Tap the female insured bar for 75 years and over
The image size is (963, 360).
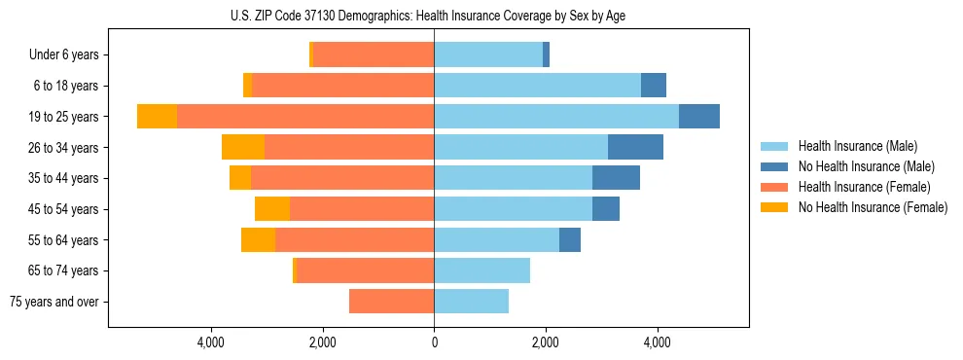click(391, 302)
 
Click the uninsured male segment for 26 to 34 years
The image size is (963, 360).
click(635, 147)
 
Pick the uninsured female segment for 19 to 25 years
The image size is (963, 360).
click(157, 116)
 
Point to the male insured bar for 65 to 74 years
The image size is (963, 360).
click(481, 270)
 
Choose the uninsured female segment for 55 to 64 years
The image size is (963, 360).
click(258, 239)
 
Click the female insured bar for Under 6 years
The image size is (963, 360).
click(374, 54)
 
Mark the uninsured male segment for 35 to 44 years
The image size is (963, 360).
click(616, 178)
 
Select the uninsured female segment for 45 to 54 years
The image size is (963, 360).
click(272, 209)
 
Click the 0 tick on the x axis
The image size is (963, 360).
click(434, 342)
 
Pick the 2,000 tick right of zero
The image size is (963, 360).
click(546, 342)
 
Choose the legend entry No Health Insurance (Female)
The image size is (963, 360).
click(873, 207)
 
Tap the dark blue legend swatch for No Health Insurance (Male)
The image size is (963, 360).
click(775, 166)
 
